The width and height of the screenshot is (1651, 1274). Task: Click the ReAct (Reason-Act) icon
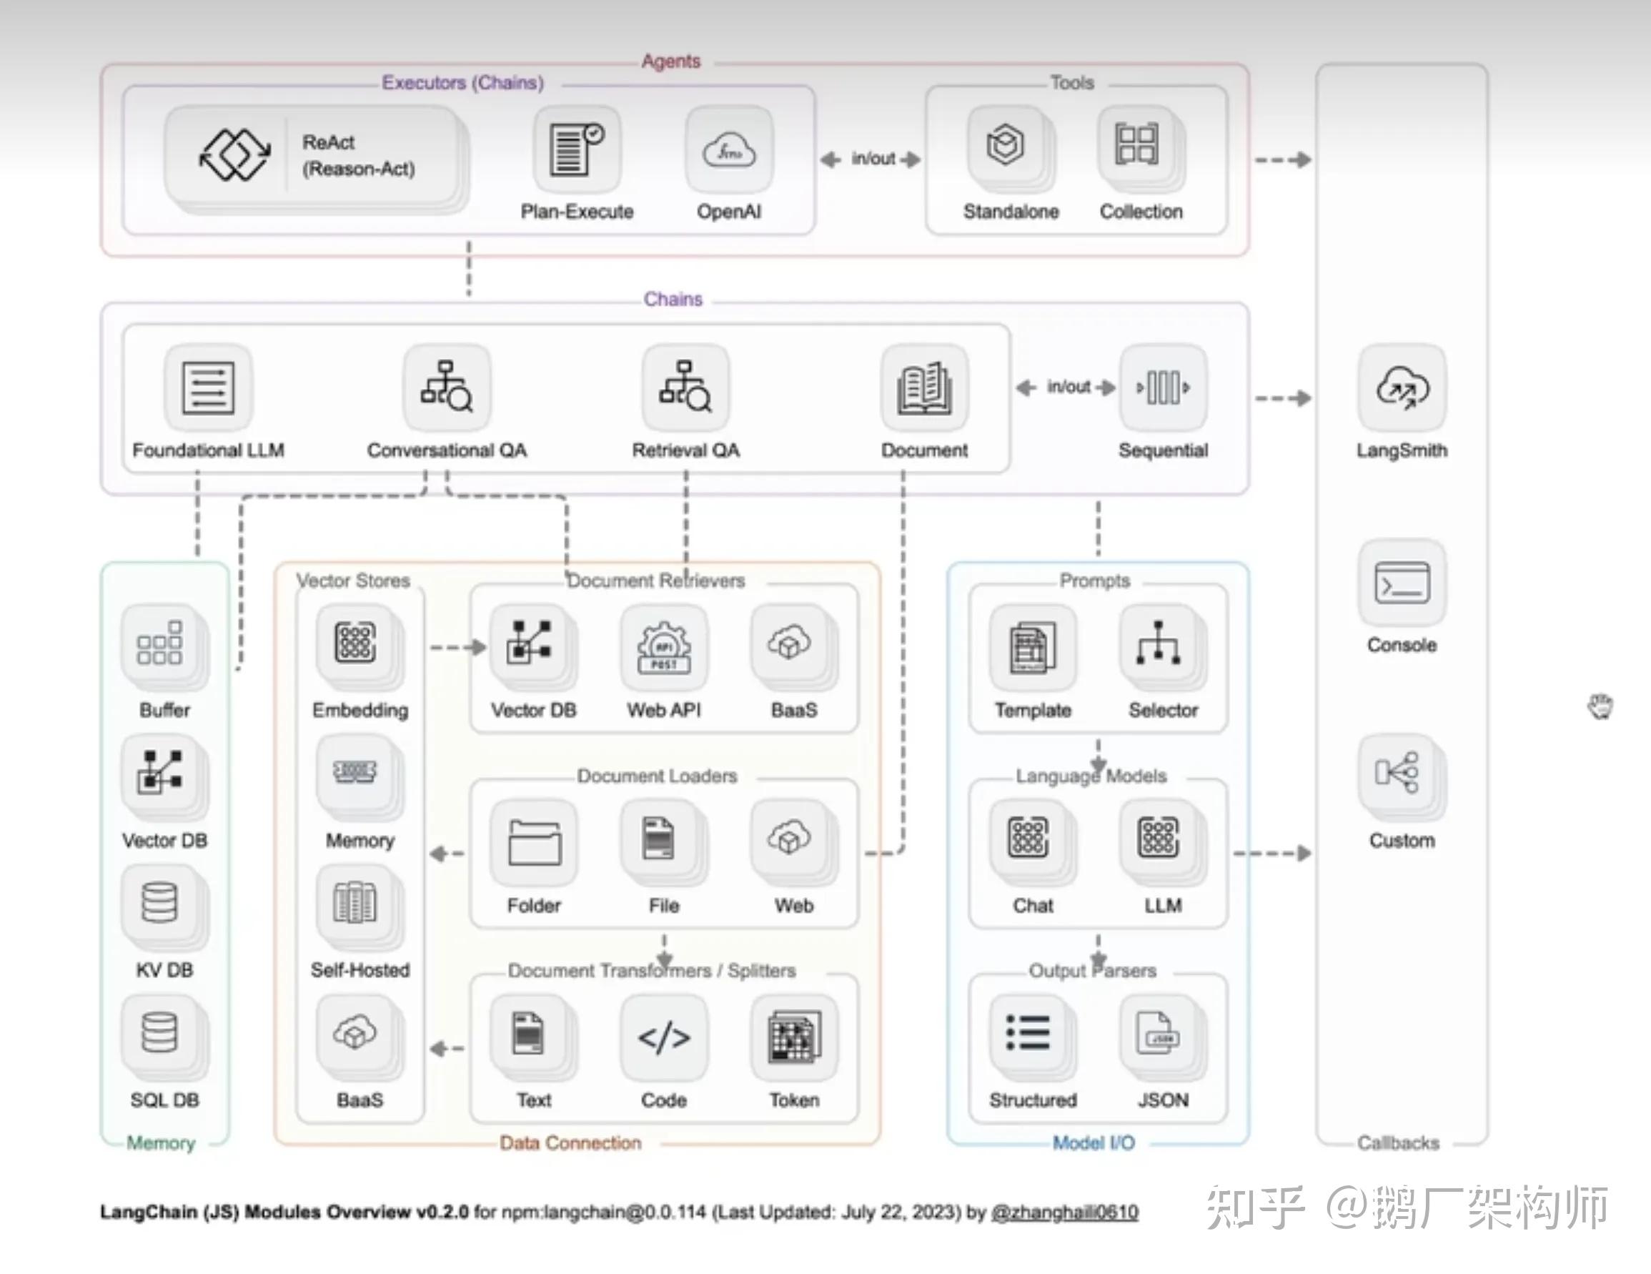coord(234,155)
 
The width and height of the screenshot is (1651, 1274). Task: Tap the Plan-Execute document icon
coord(577,149)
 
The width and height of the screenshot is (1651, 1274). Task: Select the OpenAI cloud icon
coord(729,150)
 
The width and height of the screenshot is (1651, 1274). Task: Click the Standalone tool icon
coord(1006,145)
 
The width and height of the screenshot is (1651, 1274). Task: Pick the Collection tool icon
coord(1136,144)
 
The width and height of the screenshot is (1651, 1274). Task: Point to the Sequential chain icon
coord(1163,388)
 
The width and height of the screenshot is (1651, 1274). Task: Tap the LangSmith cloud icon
coord(1402,388)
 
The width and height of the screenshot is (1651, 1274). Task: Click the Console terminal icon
coord(1402,583)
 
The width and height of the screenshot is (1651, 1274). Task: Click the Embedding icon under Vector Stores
coord(355,643)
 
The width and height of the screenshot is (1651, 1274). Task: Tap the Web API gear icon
coord(664,646)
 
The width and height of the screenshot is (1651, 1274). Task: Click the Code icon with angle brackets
coord(664,1037)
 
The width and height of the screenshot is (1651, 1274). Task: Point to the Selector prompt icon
coord(1158,644)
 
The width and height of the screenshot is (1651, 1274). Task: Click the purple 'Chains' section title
coord(673,300)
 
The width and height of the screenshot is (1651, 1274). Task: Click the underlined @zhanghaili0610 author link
coord(1064,1212)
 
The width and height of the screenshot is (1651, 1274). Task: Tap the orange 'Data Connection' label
coord(570,1142)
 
